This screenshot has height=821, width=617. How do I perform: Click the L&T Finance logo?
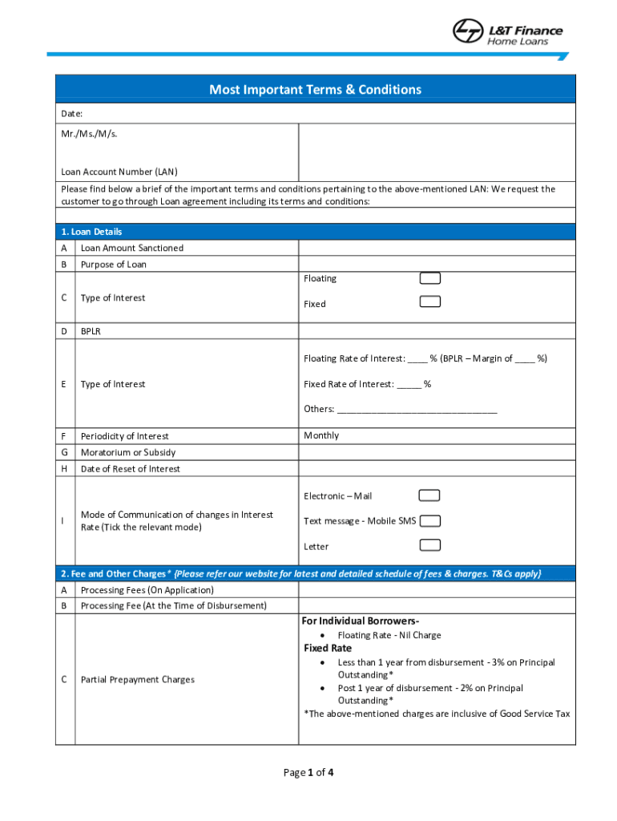507,31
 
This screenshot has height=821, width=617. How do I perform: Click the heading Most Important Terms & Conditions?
315,90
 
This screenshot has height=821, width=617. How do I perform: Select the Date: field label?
72,114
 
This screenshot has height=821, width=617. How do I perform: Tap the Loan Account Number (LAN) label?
119,172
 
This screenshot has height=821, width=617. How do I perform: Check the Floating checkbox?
430,278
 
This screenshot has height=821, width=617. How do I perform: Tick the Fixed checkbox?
430,302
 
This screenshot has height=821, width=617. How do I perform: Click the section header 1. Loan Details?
91,232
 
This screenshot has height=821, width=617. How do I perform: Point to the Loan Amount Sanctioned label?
131,248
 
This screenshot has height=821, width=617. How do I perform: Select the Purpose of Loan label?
113,265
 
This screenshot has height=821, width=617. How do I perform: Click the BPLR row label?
91,330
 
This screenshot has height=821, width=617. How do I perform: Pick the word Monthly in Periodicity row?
321,435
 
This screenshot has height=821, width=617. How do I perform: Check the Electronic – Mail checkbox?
430,495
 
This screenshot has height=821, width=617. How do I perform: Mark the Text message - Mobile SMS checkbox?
430,520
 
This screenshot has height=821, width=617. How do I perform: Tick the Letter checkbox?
430,545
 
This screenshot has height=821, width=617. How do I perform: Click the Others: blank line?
417,410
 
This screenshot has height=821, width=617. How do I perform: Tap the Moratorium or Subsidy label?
127,452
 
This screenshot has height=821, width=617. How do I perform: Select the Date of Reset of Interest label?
130,469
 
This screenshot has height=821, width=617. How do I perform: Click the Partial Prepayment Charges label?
137,680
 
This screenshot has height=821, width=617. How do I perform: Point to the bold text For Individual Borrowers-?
361,621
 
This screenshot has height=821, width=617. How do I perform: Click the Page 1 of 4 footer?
308,773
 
